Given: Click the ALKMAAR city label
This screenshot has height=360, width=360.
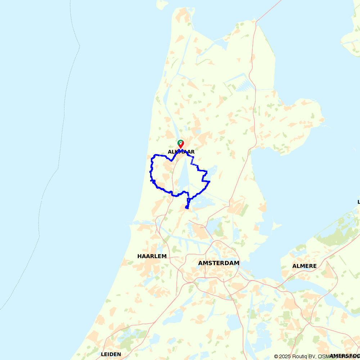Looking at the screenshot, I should [x=181, y=152].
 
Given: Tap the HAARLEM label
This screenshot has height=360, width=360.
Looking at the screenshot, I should [x=152, y=256].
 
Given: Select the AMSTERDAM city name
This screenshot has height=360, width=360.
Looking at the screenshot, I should [x=219, y=263].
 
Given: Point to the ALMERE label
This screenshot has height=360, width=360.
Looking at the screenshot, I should [x=305, y=266].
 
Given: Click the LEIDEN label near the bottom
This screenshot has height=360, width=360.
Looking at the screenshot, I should [x=111, y=354].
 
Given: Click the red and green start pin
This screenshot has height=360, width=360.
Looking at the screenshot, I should [x=181, y=144].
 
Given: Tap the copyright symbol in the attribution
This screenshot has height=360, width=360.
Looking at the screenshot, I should [x=276, y=356].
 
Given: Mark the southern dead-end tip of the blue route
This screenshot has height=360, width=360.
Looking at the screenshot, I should [x=187, y=208].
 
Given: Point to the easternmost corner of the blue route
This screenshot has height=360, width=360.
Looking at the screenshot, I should [x=210, y=181].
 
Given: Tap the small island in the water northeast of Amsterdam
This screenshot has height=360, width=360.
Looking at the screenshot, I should [x=276, y=226].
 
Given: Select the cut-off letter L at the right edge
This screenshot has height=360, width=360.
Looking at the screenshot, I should [x=359, y=202].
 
